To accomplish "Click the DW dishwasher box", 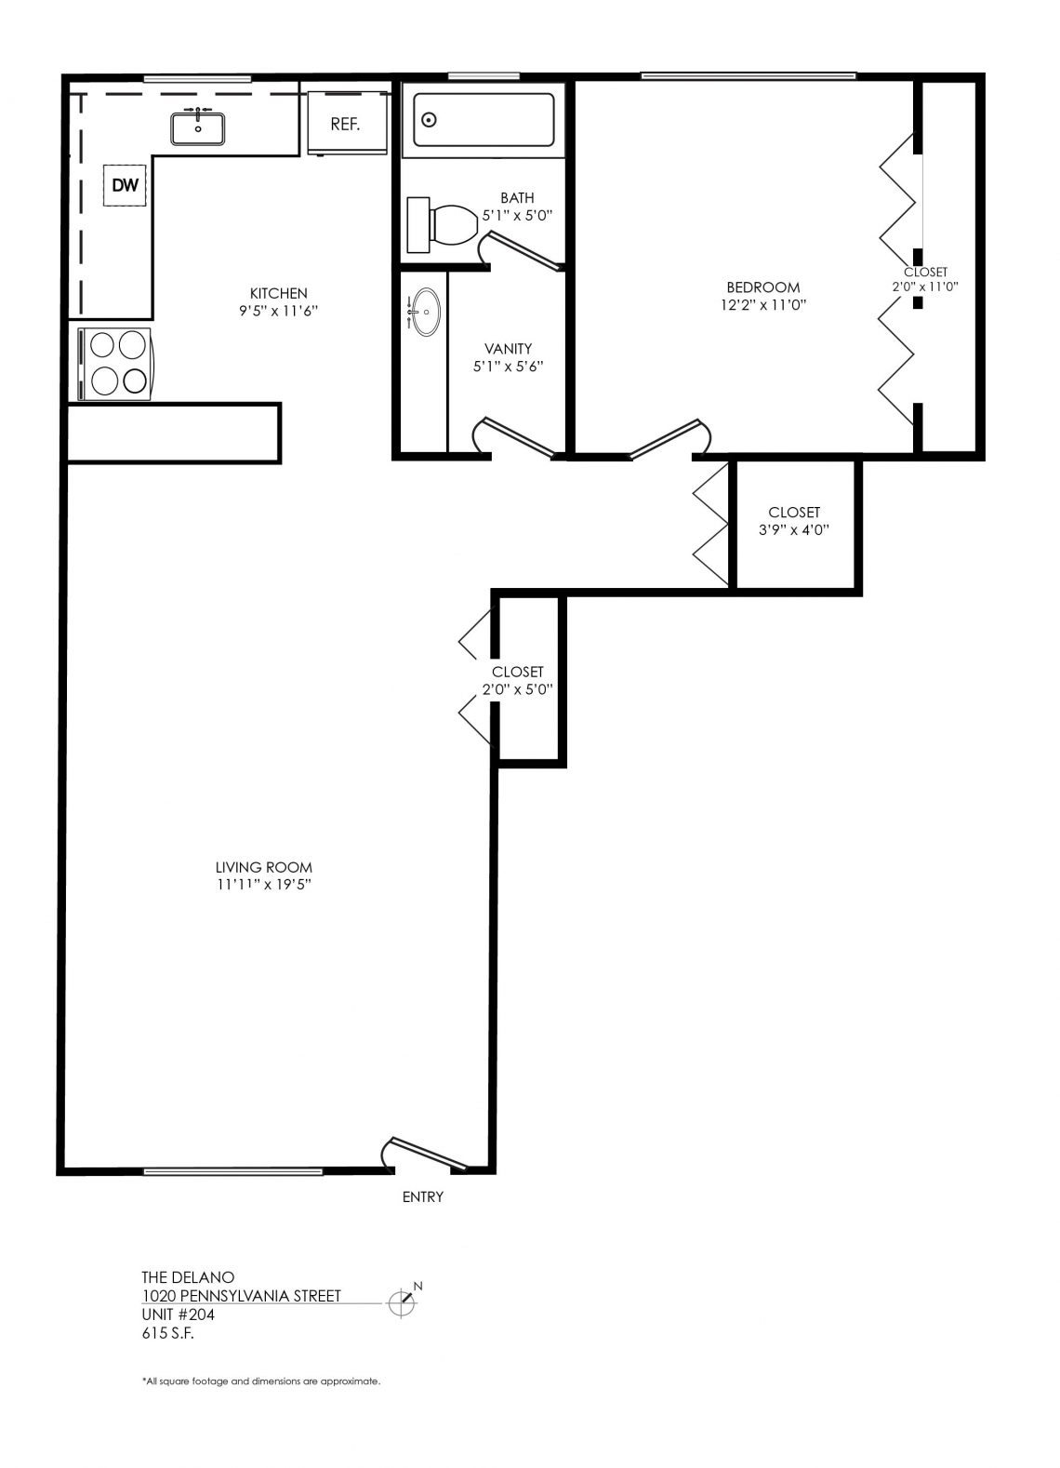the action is coord(125,185).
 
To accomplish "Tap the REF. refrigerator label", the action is coord(345,124).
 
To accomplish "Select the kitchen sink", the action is coord(198,127).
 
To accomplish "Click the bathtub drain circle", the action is coord(429,120).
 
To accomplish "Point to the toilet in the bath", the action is coord(443,224).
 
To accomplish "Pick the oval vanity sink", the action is coord(426,312).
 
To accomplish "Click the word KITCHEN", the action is coord(278,293).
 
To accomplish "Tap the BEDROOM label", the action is coord(763,287).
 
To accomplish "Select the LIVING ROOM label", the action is coord(263,867).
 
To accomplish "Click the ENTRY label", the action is coord(422,1196).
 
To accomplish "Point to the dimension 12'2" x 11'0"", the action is coord(763,305).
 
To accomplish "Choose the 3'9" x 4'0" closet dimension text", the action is coord(794,529).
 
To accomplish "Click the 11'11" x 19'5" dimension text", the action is coord(263,885).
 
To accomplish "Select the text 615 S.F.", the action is coord(167,1333).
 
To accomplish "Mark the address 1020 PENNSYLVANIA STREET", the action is coord(241,1296).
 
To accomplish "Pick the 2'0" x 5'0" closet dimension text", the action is coord(518,688).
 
